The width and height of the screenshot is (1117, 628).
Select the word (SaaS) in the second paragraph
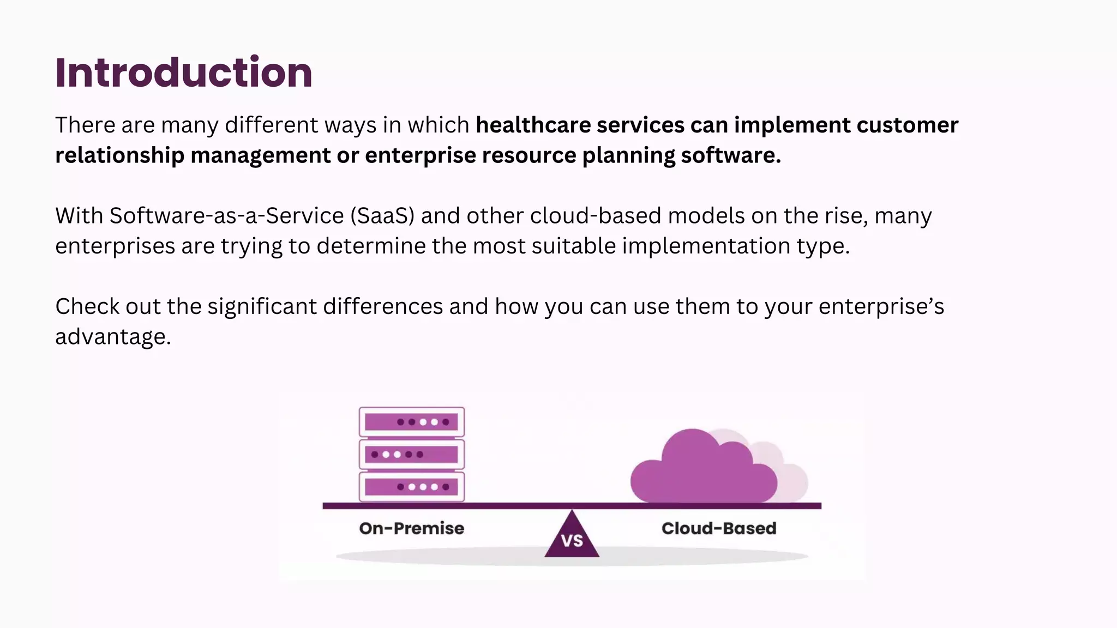click(382, 216)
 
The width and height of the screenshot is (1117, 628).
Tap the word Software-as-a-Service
click(226, 216)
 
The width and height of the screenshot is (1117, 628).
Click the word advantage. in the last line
click(113, 337)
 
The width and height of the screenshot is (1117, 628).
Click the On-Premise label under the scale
click(411, 528)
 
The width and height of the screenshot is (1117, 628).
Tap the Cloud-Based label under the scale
click(718, 528)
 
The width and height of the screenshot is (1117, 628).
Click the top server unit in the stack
click(411, 422)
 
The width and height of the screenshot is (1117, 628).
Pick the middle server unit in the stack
click(411, 454)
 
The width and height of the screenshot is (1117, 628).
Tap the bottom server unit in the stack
click(411, 486)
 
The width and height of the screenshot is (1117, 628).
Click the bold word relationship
click(119, 156)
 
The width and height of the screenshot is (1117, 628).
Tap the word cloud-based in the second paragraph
click(596, 216)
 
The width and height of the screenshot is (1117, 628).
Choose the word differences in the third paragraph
click(382, 306)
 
